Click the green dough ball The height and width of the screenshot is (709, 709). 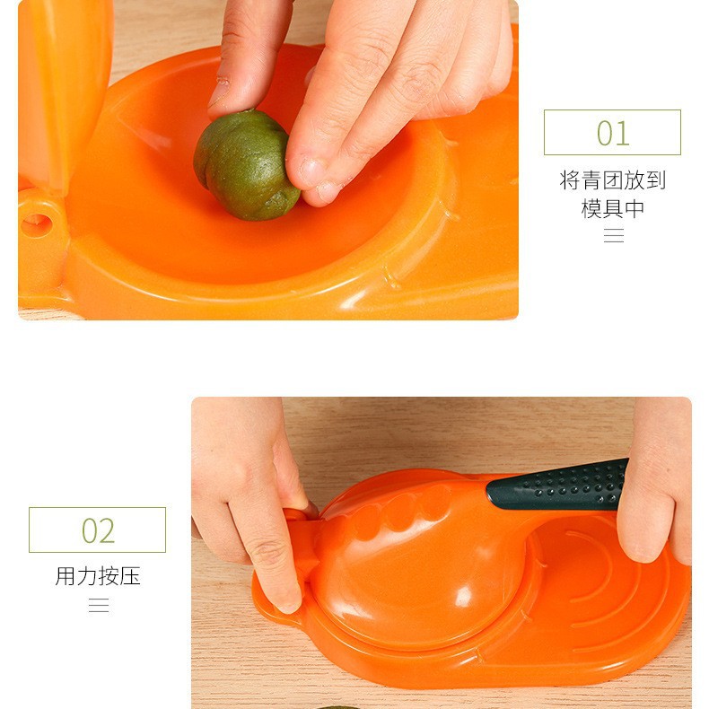246,165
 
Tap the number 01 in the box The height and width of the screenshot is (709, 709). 613,133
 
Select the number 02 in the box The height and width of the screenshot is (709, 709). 98,530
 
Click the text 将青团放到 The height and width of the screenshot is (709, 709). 613,180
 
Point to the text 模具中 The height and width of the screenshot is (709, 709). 613,208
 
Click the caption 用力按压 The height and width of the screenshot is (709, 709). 98,576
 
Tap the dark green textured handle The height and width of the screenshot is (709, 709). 558,486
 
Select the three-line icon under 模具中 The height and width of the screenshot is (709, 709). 614,235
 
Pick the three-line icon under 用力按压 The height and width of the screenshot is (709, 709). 99,605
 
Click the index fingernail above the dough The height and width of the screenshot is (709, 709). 219,92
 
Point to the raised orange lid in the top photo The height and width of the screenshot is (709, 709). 64,91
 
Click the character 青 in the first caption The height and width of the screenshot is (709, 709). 591,180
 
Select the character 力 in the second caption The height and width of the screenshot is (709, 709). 87,576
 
